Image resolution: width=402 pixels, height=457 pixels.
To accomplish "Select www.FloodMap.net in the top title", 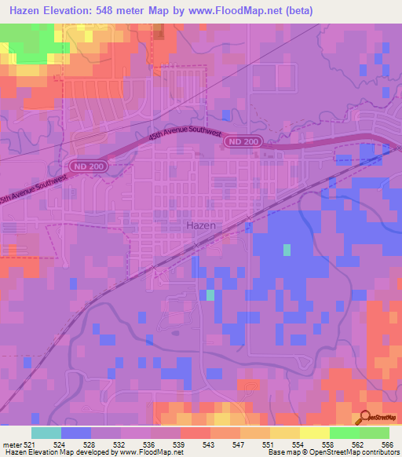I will pyautogui.click(x=228, y=10).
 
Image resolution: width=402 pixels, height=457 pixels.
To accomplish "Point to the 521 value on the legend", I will pyautogui.click(x=28, y=444).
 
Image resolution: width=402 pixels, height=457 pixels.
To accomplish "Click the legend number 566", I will pyautogui.click(x=387, y=444).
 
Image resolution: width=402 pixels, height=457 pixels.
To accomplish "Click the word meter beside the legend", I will pyautogui.click(x=10, y=444).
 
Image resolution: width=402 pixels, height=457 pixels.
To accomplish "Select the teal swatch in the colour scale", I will pyautogui.click(x=46, y=433).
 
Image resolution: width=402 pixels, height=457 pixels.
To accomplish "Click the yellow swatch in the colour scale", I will pyautogui.click(x=314, y=433).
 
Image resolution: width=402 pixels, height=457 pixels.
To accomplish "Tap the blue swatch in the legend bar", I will pyautogui.click(x=76, y=433).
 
